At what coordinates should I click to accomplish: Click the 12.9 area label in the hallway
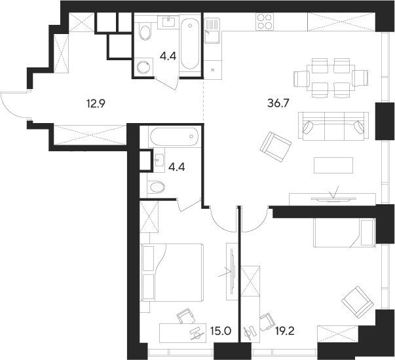click(96, 103)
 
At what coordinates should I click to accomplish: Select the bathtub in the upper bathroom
click(189, 44)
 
